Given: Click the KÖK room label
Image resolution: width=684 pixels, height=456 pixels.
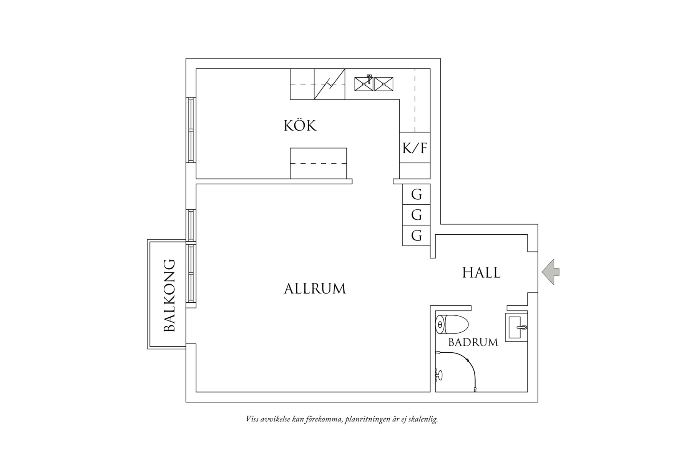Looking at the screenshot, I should pyautogui.click(x=300, y=126).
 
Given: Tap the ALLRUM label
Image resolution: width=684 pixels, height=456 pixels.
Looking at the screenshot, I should pyautogui.click(x=315, y=289).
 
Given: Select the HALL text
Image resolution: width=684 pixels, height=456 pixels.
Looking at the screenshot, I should pyautogui.click(x=481, y=272).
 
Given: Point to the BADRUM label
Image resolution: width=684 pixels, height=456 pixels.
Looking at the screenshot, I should pyautogui.click(x=473, y=342).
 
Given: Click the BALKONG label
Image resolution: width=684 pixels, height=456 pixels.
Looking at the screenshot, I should pyautogui.click(x=169, y=295).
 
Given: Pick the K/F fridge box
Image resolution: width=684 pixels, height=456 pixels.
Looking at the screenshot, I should pyautogui.click(x=415, y=148).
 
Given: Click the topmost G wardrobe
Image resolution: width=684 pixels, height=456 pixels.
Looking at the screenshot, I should pyautogui.click(x=417, y=195).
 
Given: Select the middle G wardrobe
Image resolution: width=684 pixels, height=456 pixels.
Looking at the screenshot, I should pyautogui.click(x=417, y=215).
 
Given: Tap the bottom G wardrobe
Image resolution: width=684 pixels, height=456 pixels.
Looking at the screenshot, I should pyautogui.click(x=417, y=235).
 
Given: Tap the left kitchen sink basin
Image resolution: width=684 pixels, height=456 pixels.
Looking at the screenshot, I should pyautogui.click(x=364, y=84).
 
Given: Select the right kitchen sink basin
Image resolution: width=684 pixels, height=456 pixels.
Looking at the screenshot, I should pyautogui.click(x=384, y=84).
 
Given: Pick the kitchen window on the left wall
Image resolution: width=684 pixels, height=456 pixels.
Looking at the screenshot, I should pyautogui.click(x=191, y=130).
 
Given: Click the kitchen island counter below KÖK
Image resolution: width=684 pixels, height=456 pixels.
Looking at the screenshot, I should pyautogui.click(x=318, y=163).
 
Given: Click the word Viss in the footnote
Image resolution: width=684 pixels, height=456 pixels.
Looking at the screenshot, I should pyautogui.click(x=252, y=419).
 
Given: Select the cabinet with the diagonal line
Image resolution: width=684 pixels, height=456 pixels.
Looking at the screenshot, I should pyautogui.click(x=329, y=84).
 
